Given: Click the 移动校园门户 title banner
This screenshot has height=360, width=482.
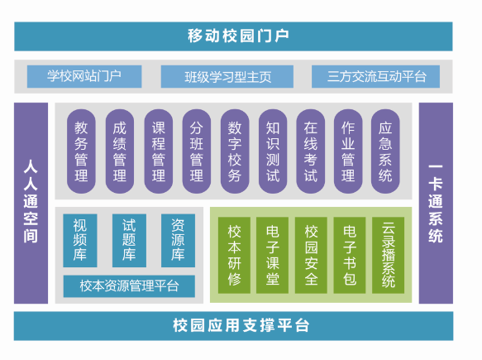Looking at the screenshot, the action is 233,36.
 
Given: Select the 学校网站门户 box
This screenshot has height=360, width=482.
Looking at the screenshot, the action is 84,76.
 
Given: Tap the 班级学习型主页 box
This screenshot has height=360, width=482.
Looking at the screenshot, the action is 227,76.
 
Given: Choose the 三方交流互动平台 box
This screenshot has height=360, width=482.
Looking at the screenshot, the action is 375,76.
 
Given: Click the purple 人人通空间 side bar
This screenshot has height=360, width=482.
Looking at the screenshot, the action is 31,203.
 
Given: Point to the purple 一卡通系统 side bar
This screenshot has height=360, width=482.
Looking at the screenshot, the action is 436,203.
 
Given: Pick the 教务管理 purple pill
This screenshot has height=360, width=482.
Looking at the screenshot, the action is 81,151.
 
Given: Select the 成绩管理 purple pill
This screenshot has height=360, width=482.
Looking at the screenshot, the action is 120,151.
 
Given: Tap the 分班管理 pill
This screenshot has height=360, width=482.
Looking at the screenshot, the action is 197,151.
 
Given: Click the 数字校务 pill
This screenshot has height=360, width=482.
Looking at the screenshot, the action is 235,151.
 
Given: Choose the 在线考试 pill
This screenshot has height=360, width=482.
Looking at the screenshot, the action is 311,151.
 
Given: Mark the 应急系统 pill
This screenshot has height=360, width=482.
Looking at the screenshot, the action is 385,151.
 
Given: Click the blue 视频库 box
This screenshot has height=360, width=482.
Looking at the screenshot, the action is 80,240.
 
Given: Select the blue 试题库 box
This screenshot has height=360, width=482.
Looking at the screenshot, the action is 129,240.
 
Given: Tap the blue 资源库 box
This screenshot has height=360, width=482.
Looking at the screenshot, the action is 178,240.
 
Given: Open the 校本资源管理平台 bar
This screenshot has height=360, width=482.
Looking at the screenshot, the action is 129,286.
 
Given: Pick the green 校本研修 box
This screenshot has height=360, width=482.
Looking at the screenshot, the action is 234,255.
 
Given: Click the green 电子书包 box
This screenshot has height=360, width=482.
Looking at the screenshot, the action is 350,255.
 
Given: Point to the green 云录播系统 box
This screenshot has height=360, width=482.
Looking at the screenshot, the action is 389,255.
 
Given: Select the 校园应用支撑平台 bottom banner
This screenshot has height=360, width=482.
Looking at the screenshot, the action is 234,326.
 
